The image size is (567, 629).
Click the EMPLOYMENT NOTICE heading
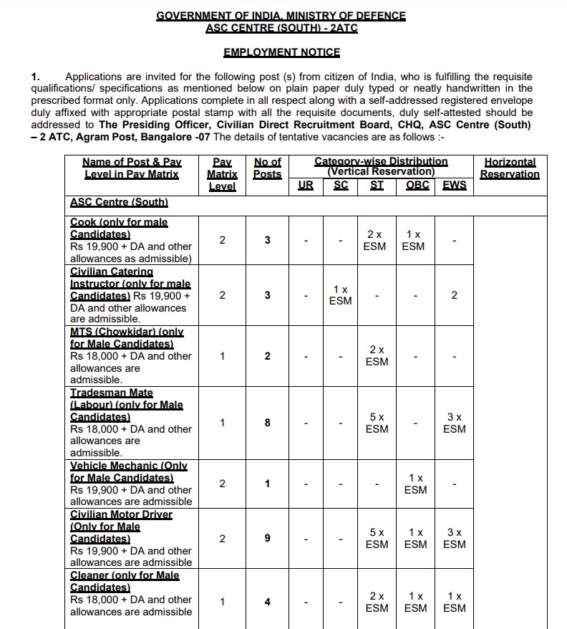[281, 52]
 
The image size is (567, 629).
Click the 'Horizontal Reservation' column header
[510, 168]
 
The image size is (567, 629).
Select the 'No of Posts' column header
[267, 168]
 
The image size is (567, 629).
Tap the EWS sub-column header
[454, 186]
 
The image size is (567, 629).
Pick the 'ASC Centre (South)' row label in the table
[119, 203]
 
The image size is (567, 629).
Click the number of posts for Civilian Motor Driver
[267, 539]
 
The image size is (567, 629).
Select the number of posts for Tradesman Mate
[267, 423]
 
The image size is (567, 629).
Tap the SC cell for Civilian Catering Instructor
[340, 295]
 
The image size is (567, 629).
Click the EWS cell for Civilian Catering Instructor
[454, 295]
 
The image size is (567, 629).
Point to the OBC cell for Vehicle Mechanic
[415, 484]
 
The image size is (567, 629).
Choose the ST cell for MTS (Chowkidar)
[377, 355]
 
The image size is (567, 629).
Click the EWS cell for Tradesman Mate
[454, 423]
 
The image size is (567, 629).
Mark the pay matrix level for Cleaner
[222, 602]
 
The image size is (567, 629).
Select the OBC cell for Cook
[413, 240]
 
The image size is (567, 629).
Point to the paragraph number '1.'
[37, 77]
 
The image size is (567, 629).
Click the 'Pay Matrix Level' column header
[222, 174]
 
